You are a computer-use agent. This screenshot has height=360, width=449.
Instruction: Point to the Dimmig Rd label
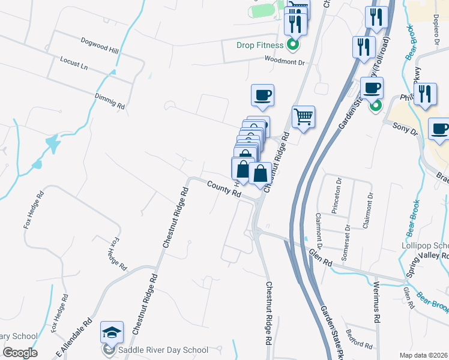109,100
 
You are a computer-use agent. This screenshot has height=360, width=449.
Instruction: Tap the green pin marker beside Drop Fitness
293,44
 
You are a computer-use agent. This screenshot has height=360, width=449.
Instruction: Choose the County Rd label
224,191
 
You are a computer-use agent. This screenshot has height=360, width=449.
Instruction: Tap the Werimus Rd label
376,303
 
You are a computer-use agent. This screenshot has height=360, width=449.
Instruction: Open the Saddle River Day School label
163,350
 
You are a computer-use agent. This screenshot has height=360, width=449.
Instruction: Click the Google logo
20,353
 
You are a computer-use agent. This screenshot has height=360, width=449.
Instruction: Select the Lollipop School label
425,246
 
